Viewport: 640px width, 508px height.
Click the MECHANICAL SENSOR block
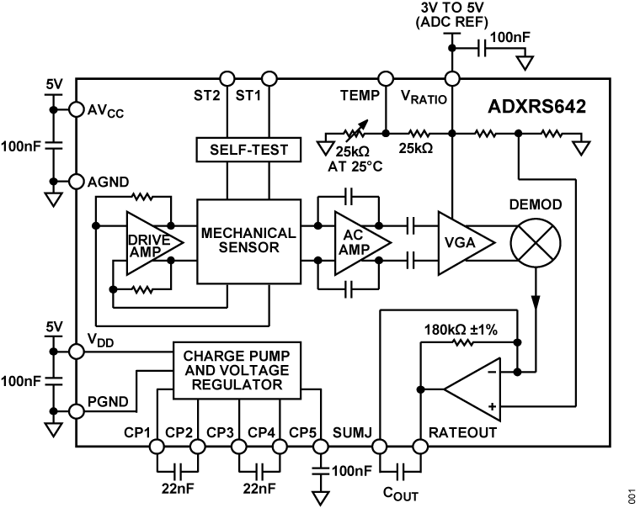[x=248, y=241]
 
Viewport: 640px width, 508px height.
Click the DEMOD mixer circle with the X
[x=536, y=242]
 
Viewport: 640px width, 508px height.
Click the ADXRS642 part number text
[x=537, y=108]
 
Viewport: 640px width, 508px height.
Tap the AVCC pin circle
[x=76, y=109]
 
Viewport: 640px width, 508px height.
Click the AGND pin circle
[x=76, y=182]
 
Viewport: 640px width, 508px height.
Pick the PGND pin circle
[x=76, y=411]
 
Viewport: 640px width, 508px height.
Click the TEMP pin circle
[x=385, y=79]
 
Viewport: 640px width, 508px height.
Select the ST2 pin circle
[x=226, y=79]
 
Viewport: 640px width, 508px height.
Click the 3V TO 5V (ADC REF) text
[x=454, y=15]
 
